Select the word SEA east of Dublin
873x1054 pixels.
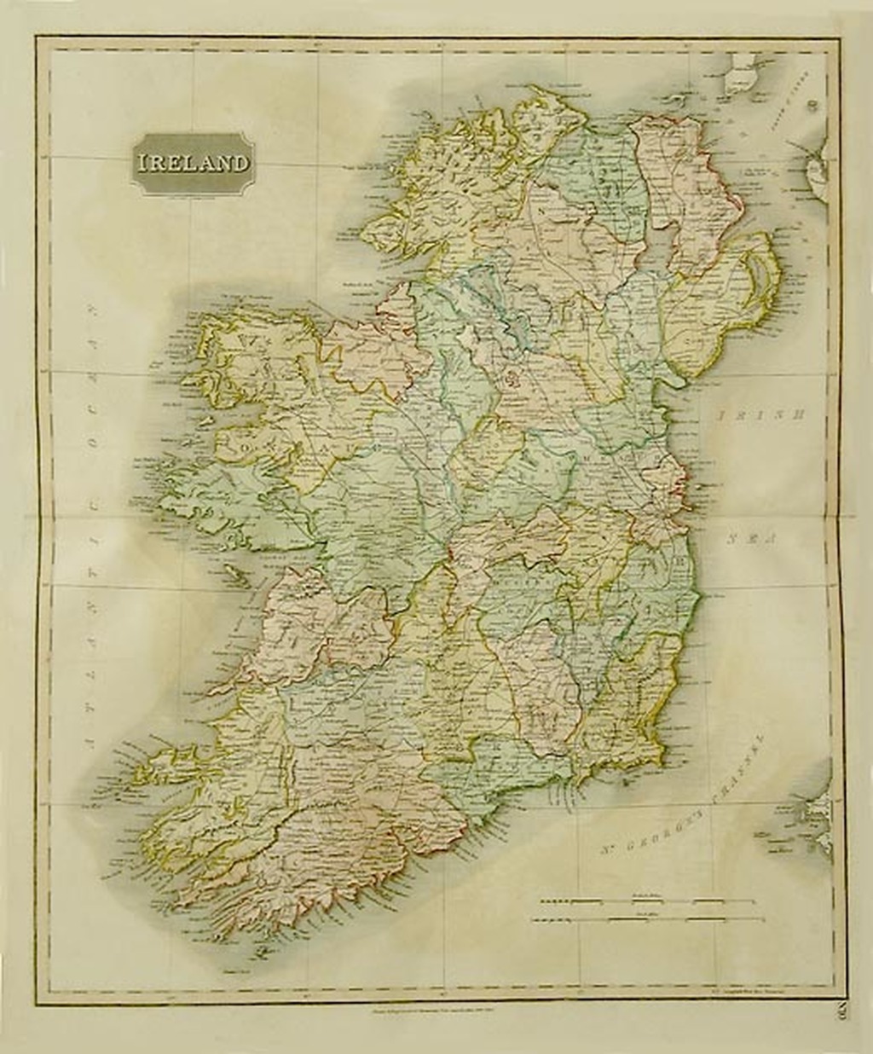(x=748, y=539)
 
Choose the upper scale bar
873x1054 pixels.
(x=635, y=900)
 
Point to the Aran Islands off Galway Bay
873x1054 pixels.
(x=237, y=576)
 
